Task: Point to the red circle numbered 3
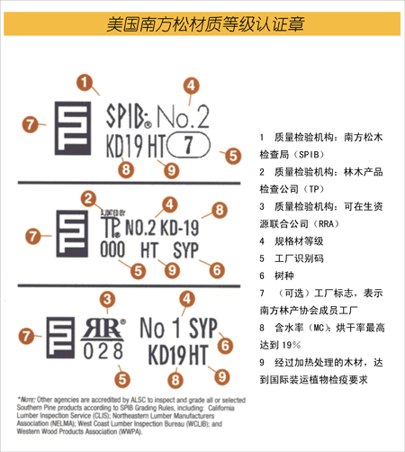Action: point(108,299)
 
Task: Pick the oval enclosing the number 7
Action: point(186,143)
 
